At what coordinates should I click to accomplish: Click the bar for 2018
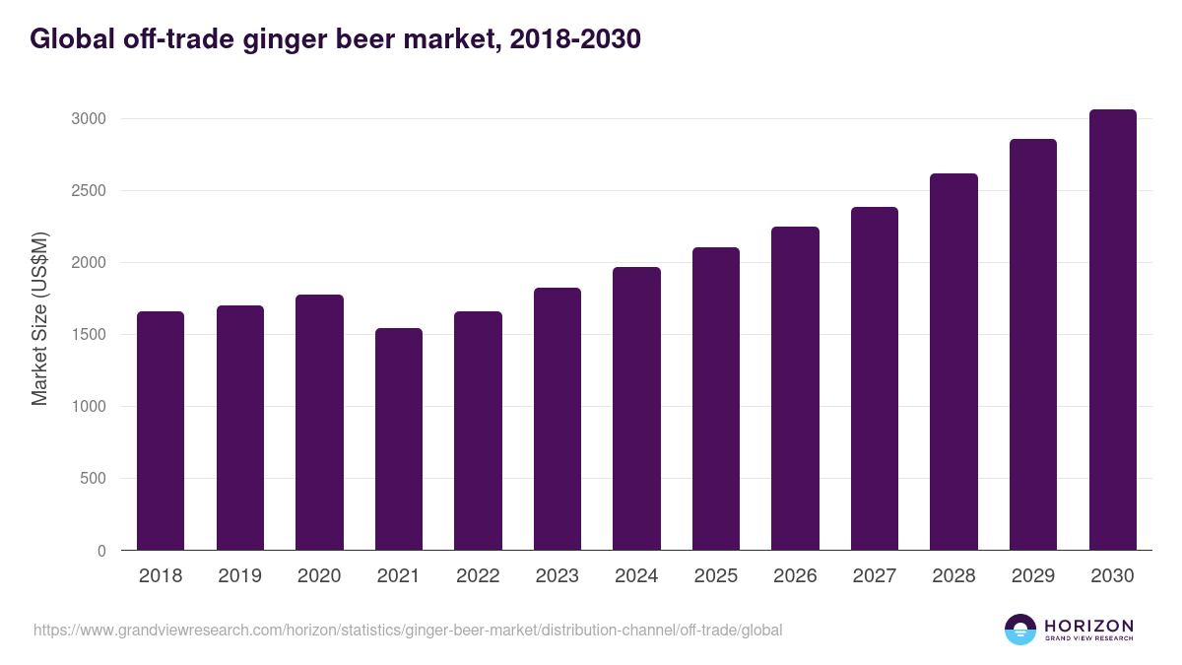[x=161, y=431]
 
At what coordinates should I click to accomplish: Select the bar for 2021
[x=398, y=439]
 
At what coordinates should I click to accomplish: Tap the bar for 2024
[x=636, y=409]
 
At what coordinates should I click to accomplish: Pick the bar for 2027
[x=875, y=378]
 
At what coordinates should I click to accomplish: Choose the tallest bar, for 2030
[x=1112, y=330]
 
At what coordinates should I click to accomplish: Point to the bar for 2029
[x=1033, y=345]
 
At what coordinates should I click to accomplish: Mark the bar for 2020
[x=319, y=422]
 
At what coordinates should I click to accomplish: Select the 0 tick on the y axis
[x=100, y=551]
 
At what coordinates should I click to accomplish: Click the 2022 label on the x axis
[x=478, y=576]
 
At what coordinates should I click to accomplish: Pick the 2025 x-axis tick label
[x=716, y=576]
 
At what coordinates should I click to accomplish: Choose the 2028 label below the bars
[x=953, y=576]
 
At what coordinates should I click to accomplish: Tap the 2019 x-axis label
[x=239, y=576]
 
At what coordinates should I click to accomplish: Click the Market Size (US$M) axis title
[x=40, y=318]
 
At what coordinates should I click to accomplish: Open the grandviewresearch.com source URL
[x=408, y=630]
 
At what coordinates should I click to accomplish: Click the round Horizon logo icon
[x=1020, y=630]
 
